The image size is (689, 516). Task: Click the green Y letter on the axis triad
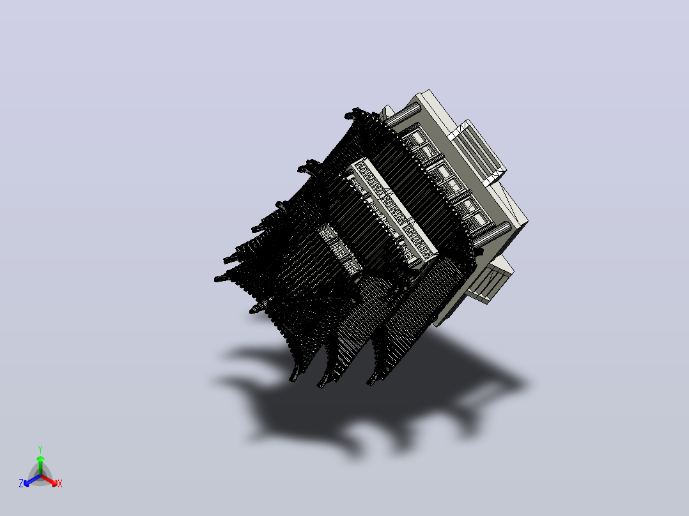(x=40, y=449)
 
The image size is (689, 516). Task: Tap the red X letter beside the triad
(x=60, y=483)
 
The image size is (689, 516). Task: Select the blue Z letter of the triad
(x=20, y=483)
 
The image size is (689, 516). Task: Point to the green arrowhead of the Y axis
(x=40, y=459)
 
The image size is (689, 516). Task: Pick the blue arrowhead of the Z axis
(x=27, y=483)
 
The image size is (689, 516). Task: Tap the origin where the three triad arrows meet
(x=40, y=476)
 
